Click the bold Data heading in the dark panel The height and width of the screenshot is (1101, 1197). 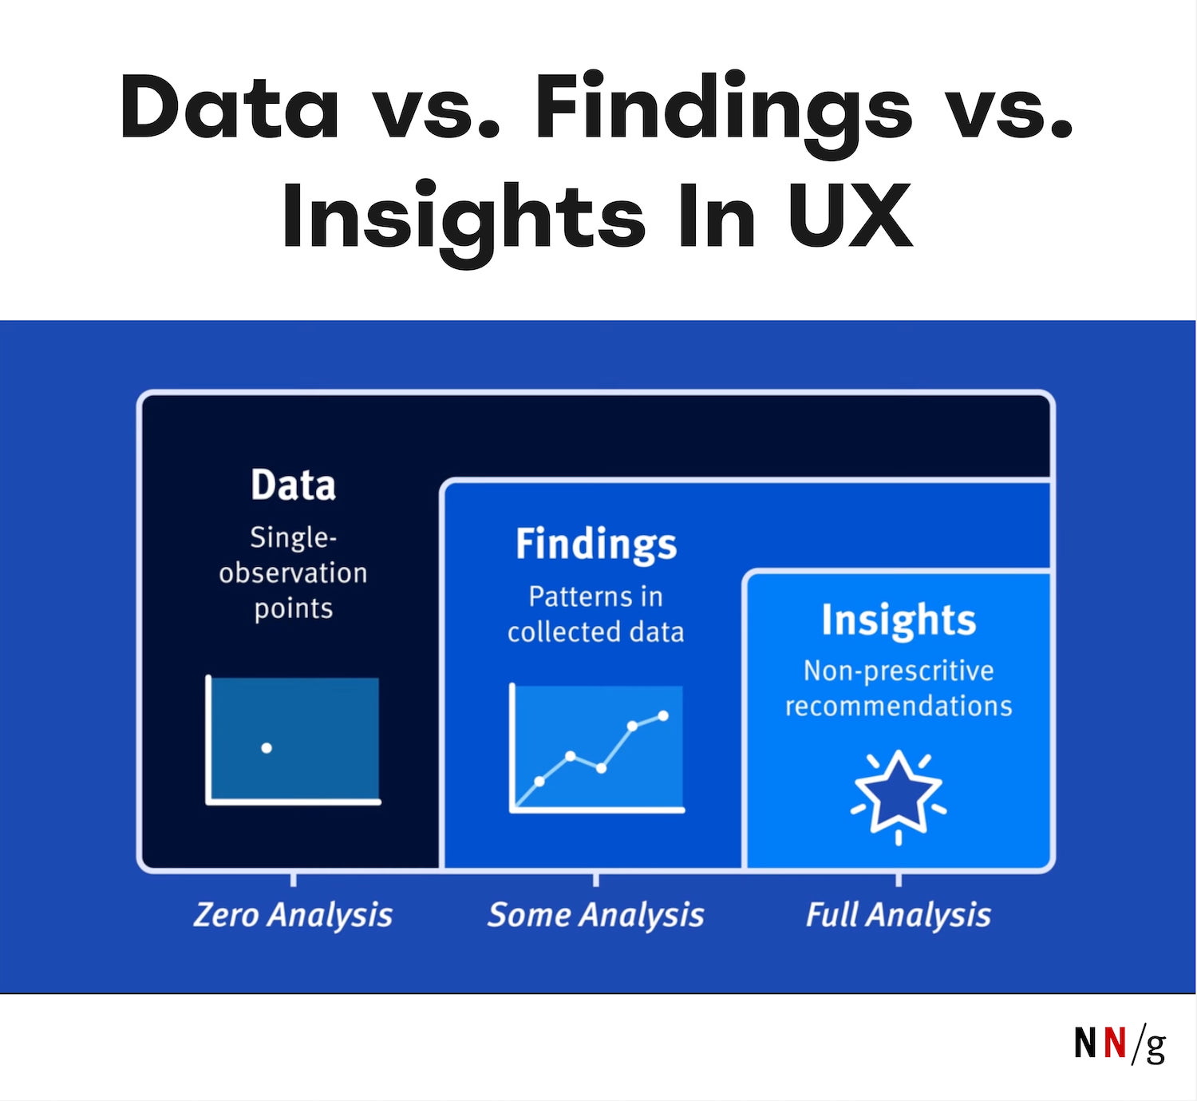[293, 485]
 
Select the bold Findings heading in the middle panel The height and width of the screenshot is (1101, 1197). [596, 545]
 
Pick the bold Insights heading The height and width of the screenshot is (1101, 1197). [899, 620]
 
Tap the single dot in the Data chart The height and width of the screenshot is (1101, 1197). [267, 748]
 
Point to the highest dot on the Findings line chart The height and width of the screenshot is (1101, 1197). [663, 715]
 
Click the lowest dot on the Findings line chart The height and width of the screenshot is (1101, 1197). [539, 782]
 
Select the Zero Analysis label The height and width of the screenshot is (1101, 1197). [293, 915]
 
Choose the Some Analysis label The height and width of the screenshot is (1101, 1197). [596, 915]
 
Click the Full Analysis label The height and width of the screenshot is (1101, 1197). [899, 915]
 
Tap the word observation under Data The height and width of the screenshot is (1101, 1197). [293, 573]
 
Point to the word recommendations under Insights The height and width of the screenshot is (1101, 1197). [899, 706]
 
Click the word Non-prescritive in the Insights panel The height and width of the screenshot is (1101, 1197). [899, 671]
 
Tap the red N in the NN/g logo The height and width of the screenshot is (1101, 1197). [1115, 1043]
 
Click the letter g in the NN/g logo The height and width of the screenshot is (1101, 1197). [1156, 1046]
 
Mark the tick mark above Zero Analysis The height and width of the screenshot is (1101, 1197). [294, 879]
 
